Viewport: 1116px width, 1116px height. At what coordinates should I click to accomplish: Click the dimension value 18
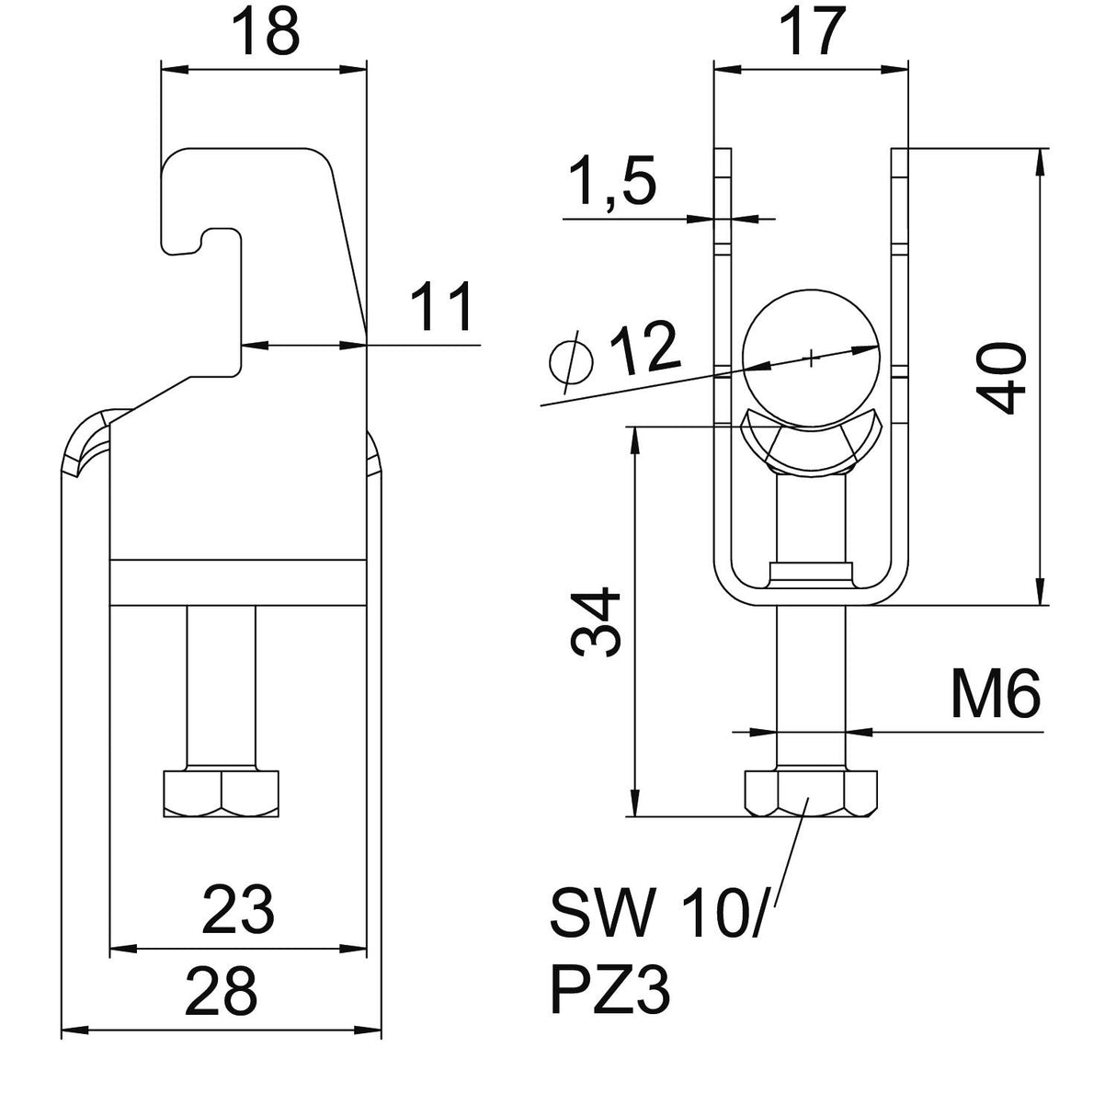coord(266,32)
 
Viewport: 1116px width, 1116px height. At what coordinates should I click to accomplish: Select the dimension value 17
coord(812,32)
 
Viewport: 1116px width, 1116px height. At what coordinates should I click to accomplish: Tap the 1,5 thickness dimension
coord(613,181)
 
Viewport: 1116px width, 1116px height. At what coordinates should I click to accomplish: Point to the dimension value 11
coord(441,307)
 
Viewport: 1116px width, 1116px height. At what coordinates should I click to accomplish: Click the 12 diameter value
coord(644,349)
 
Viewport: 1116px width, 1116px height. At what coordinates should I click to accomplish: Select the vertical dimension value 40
coord(1000,379)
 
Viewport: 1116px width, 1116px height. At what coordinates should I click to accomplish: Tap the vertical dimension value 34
coord(596,622)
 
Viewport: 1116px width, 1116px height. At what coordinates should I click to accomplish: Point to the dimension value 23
coord(239,910)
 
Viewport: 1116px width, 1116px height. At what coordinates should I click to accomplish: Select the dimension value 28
coord(222,991)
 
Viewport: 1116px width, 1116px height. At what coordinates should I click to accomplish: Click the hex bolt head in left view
coord(222,793)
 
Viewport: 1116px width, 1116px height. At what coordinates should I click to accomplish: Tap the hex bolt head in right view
coord(811,793)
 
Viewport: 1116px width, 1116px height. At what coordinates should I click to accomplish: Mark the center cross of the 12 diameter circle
coord(812,359)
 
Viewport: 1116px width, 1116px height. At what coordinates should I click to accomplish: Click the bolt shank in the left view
coord(222,688)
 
